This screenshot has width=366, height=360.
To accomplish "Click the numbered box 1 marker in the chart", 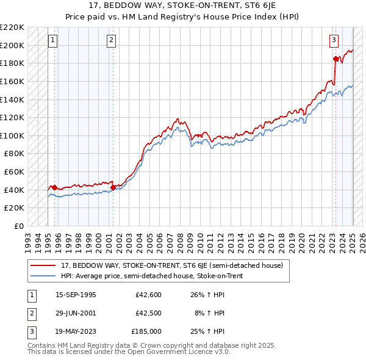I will pos(53,41).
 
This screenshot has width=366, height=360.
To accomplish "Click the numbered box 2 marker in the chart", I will pos(112,41).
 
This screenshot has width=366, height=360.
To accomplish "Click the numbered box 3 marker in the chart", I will pos(334,41).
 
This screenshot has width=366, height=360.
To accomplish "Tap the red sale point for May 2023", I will pos(335,59).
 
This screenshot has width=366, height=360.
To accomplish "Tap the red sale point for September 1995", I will pos(54,187).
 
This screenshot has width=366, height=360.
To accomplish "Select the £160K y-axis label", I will pos(13,81).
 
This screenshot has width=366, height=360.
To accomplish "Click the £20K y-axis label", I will pos(15,208).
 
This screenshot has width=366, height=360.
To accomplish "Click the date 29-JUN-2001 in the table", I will pos(76,313).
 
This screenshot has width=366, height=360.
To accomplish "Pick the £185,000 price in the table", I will pos(146,331).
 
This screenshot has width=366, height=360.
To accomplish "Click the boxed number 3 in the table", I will pos(31,331).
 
